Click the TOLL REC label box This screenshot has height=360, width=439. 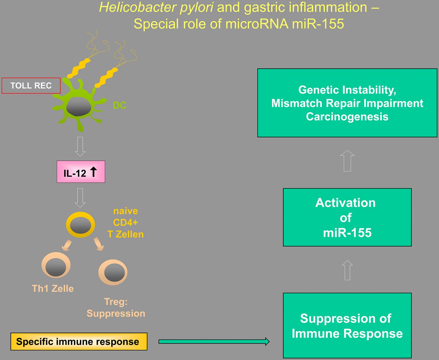31,85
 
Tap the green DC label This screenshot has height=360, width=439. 120,106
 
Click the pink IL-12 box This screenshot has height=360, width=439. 81,172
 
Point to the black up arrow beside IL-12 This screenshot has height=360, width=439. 93,172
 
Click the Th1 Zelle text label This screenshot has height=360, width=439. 53,289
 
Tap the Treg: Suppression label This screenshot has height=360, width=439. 116,308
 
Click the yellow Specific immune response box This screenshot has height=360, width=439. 79,341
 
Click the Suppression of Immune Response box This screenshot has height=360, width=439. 347,326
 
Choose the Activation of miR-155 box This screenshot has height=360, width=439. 347,217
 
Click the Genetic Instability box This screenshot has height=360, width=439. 347,103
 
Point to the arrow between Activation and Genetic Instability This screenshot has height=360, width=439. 347,161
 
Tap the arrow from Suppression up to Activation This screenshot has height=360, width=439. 347,270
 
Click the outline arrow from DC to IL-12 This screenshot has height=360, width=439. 80,146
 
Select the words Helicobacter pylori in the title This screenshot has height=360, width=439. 156,7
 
